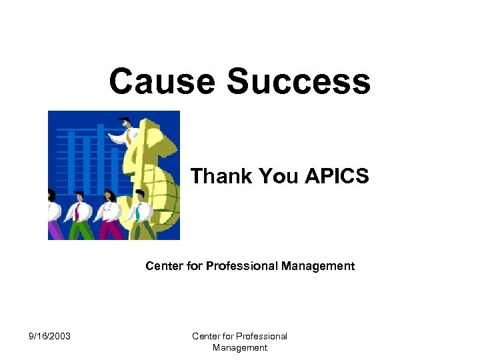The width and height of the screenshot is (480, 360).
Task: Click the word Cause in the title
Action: click(161, 82)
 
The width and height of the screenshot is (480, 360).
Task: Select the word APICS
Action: click(337, 177)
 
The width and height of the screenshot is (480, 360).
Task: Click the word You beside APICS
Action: click(279, 177)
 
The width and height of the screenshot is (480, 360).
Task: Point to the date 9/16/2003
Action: click(50, 336)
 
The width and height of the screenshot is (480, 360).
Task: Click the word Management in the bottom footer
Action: click(240, 347)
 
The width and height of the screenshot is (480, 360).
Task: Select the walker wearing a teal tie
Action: click(139, 213)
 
